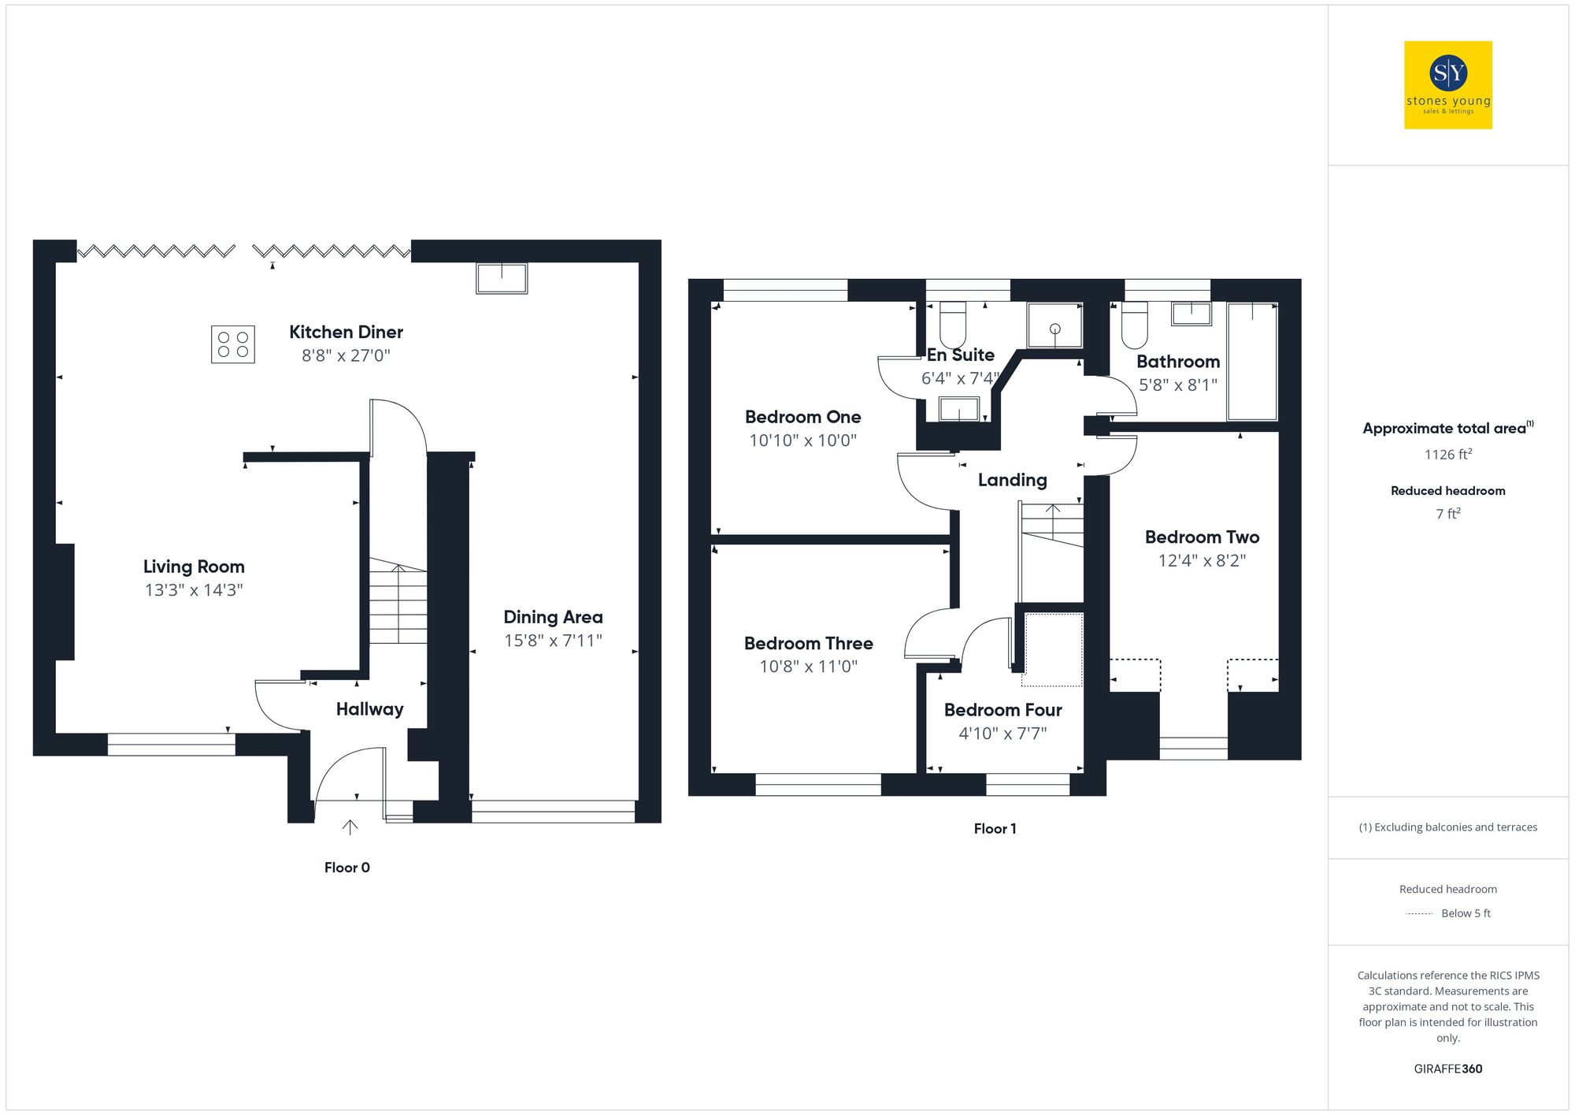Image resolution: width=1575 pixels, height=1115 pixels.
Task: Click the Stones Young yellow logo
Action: coord(1447,85)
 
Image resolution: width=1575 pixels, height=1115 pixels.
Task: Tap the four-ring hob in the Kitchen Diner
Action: coord(233,344)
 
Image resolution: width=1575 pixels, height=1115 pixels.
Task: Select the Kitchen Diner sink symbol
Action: coord(502,278)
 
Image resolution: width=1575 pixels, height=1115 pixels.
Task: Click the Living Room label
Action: coord(194,567)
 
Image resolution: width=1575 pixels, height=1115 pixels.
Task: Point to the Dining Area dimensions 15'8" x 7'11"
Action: coord(553,641)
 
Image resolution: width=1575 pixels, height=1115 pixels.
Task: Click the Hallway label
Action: coord(369,709)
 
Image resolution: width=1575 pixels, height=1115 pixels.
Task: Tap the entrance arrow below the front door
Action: coord(350,827)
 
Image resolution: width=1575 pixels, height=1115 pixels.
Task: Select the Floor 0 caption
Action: coord(346,868)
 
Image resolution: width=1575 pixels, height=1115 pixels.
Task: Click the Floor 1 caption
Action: coord(995,829)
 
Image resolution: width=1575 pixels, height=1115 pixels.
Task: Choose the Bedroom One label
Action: coord(802,417)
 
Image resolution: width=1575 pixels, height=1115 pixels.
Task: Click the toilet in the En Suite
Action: coord(953,323)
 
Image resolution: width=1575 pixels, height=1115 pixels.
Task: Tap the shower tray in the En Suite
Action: coord(1054,325)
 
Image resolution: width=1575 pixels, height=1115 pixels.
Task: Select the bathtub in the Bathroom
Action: coord(1252,361)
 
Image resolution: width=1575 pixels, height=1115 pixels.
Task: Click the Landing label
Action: coord(1012,480)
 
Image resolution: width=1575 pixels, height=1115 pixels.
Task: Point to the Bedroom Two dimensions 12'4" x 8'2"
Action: coord(1202,561)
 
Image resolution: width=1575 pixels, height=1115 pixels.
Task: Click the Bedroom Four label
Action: coord(1002,710)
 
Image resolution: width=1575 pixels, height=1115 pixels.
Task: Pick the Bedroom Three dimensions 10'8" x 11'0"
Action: coord(808,667)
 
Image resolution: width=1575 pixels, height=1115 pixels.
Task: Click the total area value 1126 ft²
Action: coord(1447,455)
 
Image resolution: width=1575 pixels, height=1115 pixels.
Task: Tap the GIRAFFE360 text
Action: coord(1447,1069)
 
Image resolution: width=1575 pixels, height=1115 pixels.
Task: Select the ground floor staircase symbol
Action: coord(398,603)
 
